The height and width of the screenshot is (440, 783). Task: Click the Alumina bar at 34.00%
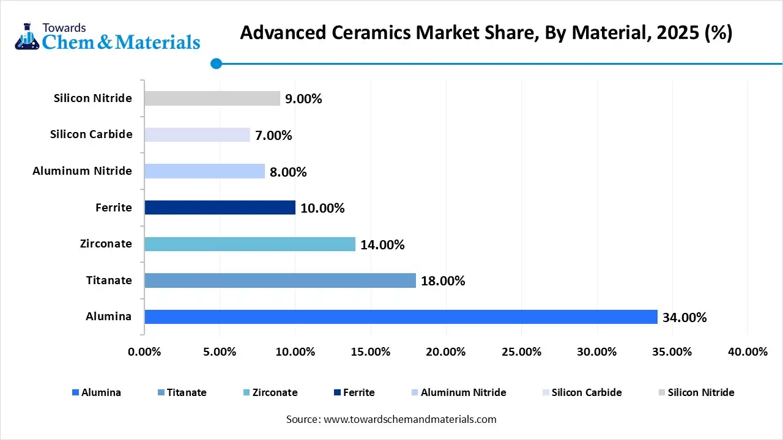coord(401,317)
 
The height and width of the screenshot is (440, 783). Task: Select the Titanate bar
coord(280,280)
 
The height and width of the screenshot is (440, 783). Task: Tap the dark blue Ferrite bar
coord(220,208)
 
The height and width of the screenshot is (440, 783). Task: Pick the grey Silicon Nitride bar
coord(212,98)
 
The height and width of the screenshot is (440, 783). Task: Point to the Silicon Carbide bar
coord(197,134)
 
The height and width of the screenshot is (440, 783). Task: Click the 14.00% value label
coord(382,245)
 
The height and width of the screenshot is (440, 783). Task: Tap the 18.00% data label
coord(443,281)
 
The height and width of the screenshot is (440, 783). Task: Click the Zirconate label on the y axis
coord(106,244)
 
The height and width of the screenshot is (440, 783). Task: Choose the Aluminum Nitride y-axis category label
coord(82,171)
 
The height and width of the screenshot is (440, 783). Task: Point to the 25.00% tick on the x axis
coord(521,352)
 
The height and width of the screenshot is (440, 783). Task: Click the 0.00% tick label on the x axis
coord(144,352)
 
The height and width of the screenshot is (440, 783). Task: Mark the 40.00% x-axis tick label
coord(748,352)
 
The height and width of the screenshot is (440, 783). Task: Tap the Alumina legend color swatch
coord(75,393)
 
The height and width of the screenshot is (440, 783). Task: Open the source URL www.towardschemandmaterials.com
coord(409,419)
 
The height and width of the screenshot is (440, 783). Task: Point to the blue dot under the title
coord(216,63)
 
